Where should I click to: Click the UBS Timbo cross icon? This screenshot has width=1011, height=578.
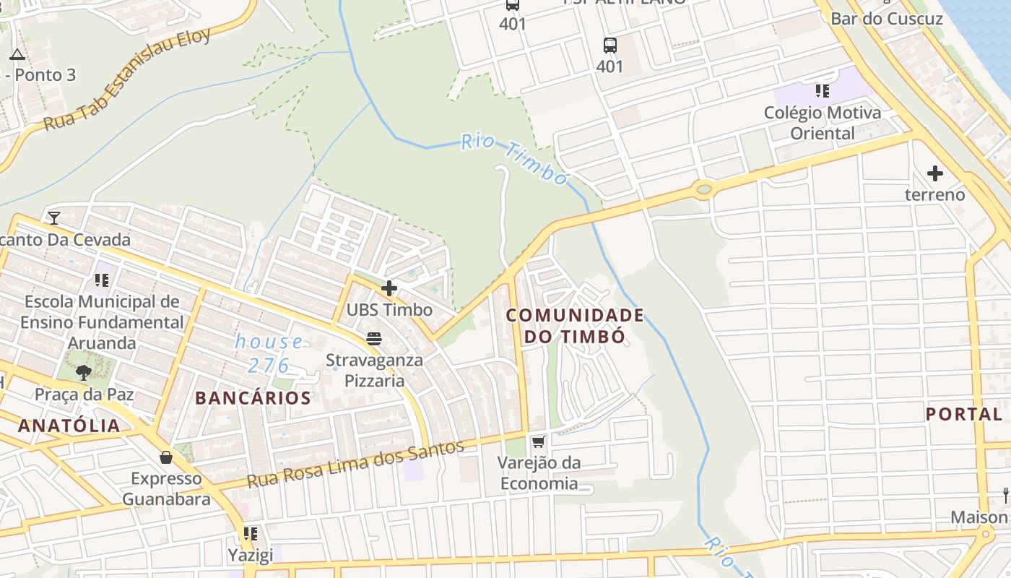(x=389, y=289)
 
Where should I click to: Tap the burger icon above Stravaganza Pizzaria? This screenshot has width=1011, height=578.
(x=374, y=338)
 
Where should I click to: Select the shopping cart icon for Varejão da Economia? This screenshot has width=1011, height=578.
(x=538, y=441)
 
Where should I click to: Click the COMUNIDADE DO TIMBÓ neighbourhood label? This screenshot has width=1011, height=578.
(x=574, y=326)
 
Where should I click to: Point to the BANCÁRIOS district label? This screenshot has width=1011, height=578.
(x=253, y=398)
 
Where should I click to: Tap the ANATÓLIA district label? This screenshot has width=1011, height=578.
(x=69, y=426)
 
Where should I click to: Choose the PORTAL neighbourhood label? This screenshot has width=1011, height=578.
(x=964, y=414)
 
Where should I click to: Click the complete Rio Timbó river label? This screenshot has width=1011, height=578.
(x=515, y=159)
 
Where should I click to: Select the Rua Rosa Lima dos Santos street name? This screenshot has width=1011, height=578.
(x=355, y=463)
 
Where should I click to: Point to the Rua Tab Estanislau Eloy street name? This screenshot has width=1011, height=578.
(x=127, y=79)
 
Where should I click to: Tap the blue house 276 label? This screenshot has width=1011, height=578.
(x=269, y=353)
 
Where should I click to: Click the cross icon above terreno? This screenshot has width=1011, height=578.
(x=935, y=173)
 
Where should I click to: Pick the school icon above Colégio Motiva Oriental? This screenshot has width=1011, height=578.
(x=823, y=91)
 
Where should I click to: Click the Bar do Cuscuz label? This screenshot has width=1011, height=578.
(x=887, y=19)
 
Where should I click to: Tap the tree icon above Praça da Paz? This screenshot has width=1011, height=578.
(x=84, y=372)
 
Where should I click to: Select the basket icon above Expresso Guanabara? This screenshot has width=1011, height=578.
(x=166, y=457)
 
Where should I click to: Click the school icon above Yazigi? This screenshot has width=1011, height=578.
(x=251, y=534)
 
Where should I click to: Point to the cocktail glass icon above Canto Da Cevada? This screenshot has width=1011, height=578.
(x=54, y=217)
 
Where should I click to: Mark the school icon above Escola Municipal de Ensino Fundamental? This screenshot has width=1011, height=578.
(x=102, y=280)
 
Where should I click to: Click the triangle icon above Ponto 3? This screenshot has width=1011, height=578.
(x=17, y=53)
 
